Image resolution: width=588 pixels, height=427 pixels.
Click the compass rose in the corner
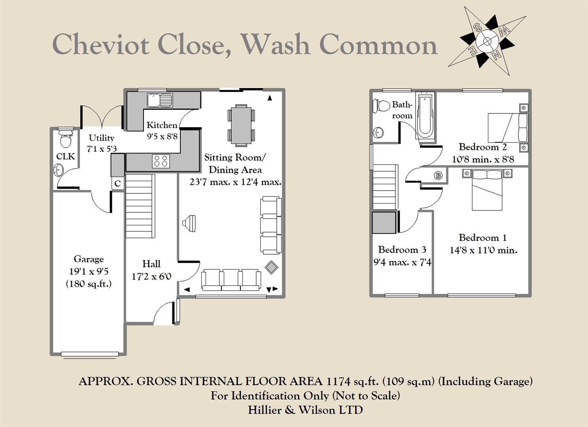487,41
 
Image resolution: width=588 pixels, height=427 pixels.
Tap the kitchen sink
160,100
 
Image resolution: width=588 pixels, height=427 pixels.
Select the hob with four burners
161,161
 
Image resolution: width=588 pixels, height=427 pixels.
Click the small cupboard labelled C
117,183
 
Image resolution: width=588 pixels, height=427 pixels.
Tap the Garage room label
89,259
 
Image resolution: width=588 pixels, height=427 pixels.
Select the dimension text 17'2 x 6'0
151,276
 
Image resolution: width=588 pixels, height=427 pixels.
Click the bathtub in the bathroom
425,115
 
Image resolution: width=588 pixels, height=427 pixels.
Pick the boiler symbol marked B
438,176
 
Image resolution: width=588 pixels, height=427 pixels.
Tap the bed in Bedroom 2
507,128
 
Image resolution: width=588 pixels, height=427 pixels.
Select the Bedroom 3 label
402,249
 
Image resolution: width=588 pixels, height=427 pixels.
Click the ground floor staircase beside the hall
139,206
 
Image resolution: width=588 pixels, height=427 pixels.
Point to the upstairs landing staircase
384,187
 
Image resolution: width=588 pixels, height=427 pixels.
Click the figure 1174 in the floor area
338,382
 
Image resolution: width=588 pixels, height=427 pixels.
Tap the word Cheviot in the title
101,44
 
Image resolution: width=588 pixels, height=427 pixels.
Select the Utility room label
101,138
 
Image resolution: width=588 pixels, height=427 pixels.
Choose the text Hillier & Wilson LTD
305,410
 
